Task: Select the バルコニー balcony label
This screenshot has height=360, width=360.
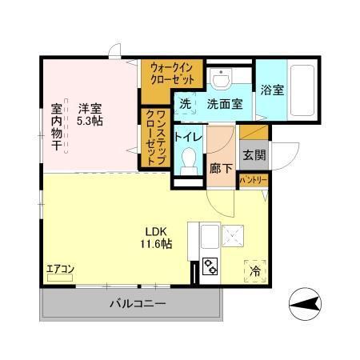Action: coord(137,303)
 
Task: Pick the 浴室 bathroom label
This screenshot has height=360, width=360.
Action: coord(271,90)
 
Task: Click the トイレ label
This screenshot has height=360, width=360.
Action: coord(188,138)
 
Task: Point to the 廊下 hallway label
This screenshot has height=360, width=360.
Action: coord(220,170)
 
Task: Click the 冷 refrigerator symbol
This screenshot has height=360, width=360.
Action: coord(255,270)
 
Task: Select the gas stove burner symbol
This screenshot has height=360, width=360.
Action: coord(210,266)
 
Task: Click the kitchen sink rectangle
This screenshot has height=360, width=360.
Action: coord(210,238)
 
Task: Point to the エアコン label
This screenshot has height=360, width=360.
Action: coord(60,269)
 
